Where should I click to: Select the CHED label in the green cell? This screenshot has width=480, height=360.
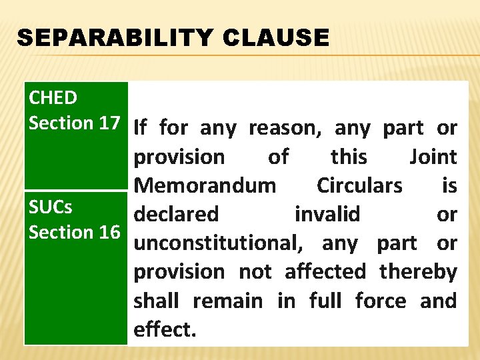click(x=53, y=98)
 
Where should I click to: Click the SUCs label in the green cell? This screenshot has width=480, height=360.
click(x=51, y=207)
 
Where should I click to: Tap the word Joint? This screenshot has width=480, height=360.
click(x=433, y=157)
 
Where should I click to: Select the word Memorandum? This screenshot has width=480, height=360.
click(x=205, y=185)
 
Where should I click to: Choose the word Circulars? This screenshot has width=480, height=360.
click(x=359, y=185)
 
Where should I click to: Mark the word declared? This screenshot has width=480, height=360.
click(x=176, y=214)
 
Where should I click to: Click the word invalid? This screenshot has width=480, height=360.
click(x=327, y=214)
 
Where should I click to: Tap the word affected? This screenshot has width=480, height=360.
click(x=325, y=272)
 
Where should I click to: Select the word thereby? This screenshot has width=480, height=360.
click(x=418, y=272)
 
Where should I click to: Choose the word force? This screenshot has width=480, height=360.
click(x=381, y=301)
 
